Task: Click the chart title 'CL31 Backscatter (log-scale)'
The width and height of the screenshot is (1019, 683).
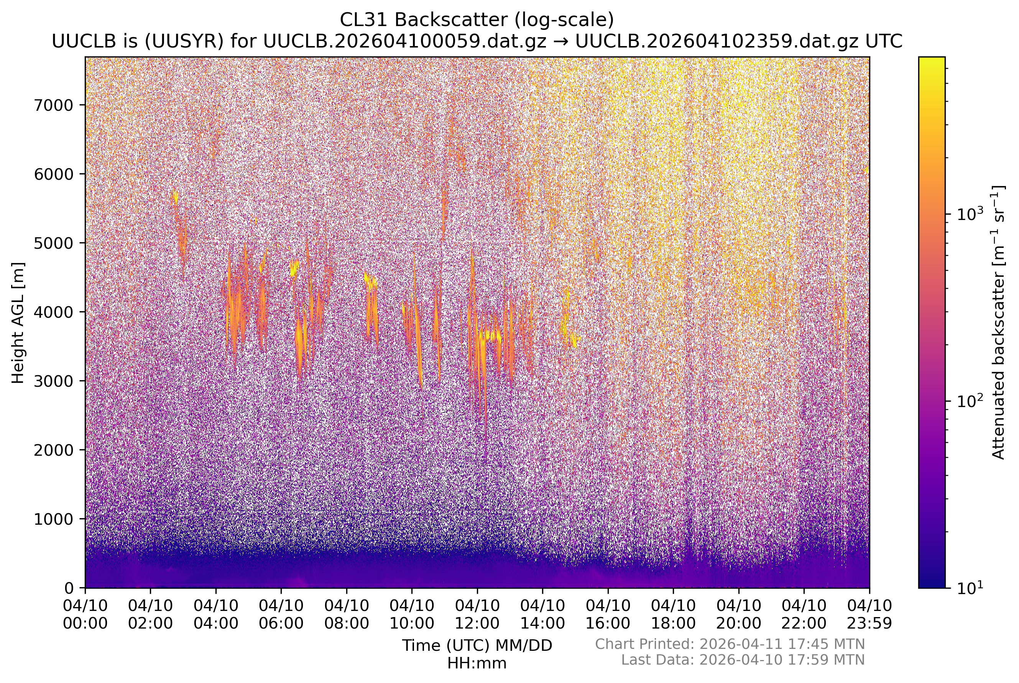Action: pyautogui.click(x=477, y=20)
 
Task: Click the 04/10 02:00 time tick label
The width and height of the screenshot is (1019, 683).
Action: pyautogui.click(x=150, y=614)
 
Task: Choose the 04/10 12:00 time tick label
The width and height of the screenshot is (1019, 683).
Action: pyautogui.click(x=477, y=614)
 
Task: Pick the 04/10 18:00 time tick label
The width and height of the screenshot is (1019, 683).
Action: pyautogui.click(x=673, y=614)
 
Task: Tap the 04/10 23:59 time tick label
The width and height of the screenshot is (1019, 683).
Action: pyautogui.click(x=869, y=614)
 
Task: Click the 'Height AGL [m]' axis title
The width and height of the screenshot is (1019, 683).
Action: pyautogui.click(x=18, y=323)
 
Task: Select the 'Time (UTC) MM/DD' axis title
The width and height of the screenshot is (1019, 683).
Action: pyautogui.click(x=477, y=645)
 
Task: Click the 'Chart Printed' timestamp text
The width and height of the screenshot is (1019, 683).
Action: pyautogui.click(x=730, y=644)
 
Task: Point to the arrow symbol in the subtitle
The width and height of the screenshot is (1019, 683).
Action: pyautogui.click(x=561, y=42)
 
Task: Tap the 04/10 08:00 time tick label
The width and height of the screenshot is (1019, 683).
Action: pyautogui.click(x=346, y=614)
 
